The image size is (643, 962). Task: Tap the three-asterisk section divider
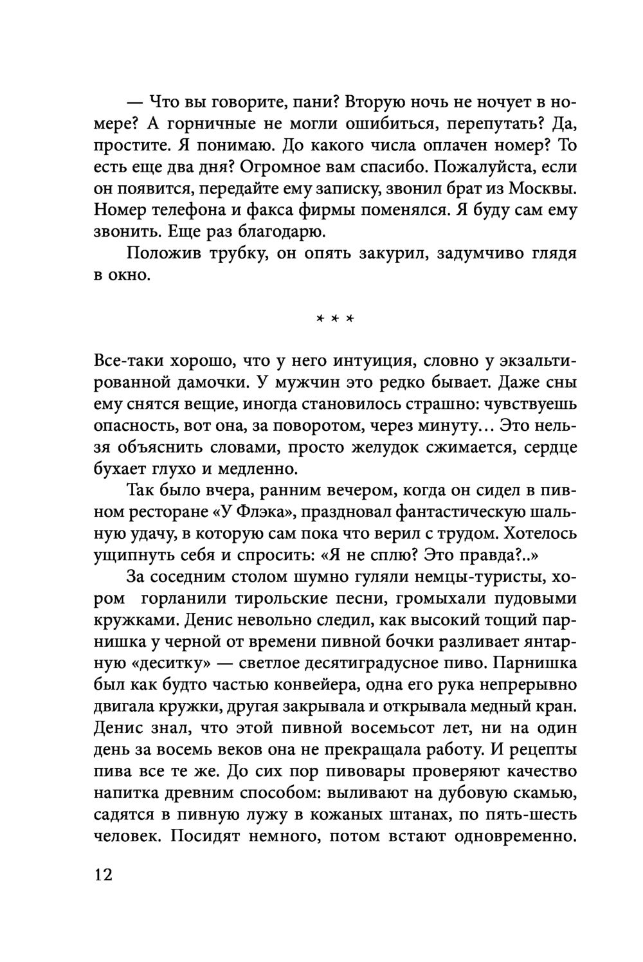pyautogui.click(x=336, y=320)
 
